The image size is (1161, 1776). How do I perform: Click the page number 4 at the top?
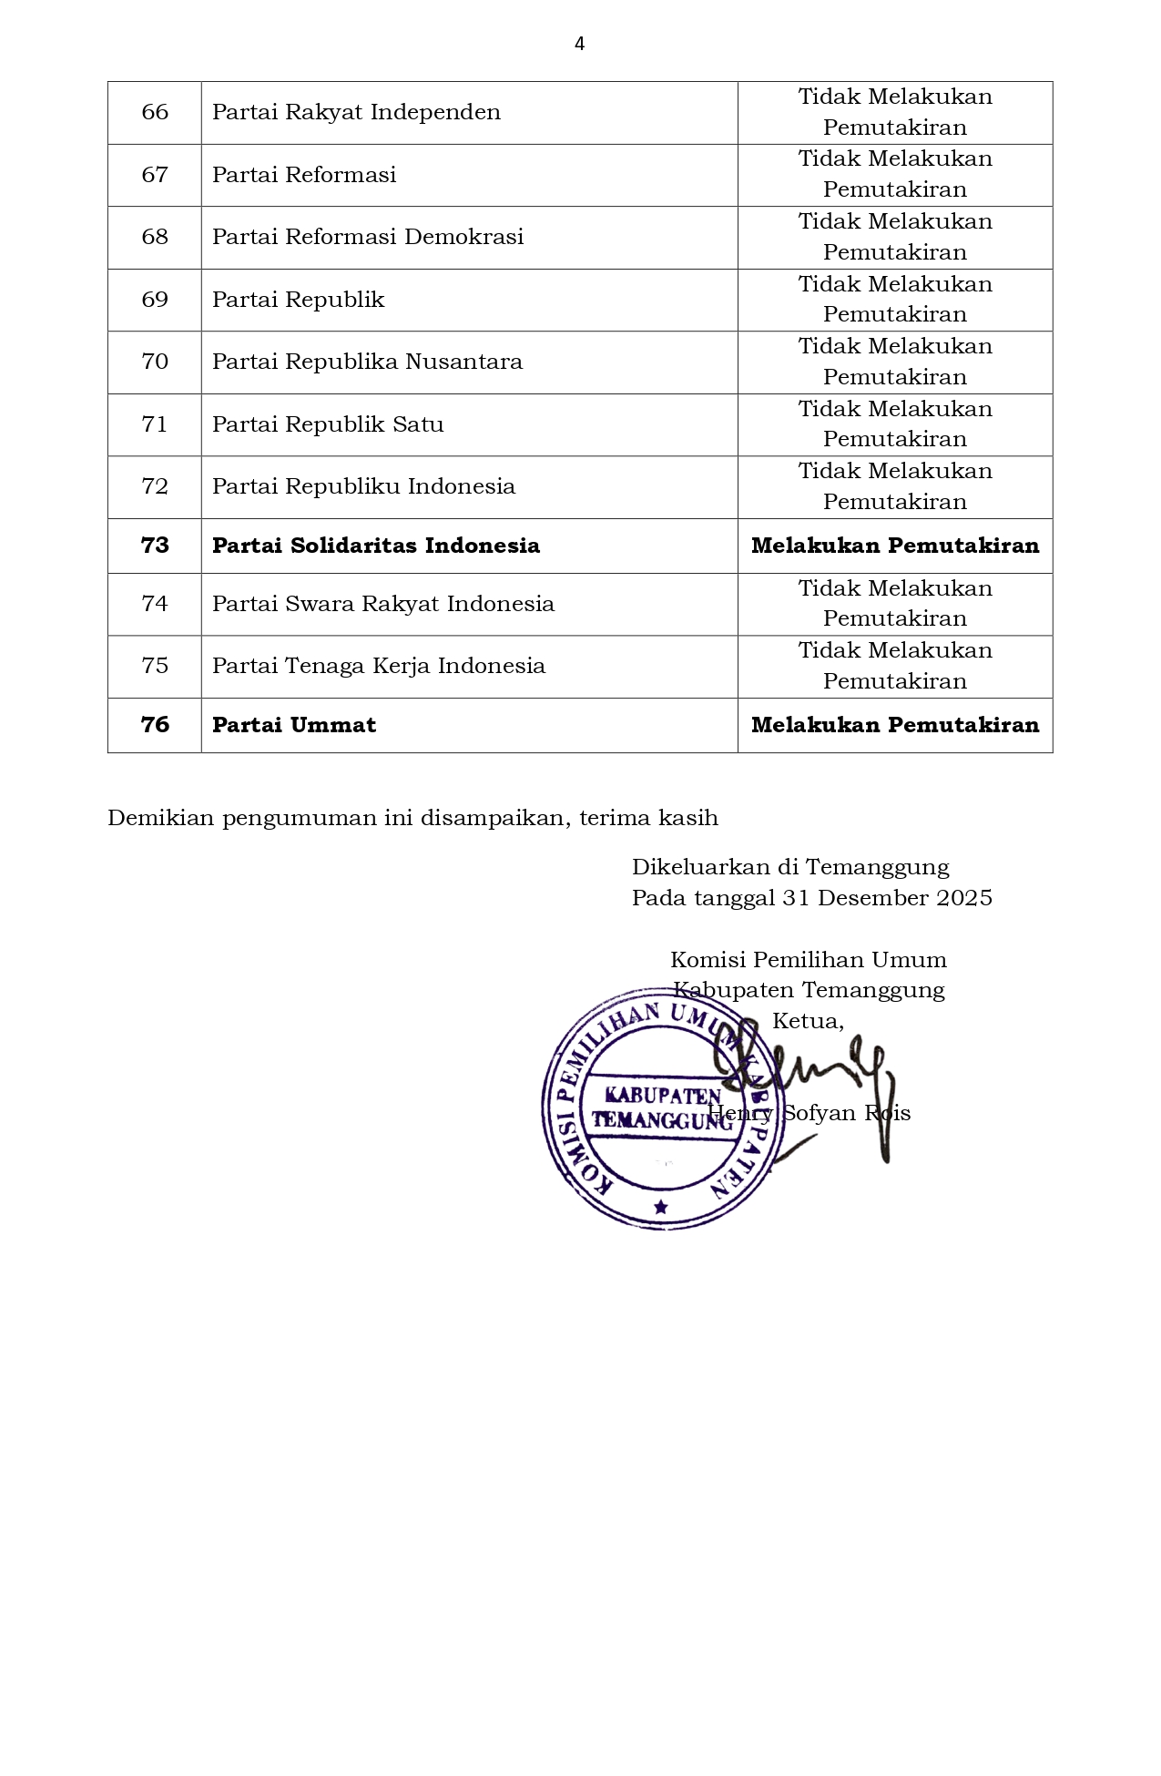pyautogui.click(x=579, y=44)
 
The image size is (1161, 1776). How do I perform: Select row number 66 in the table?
pyautogui.click(x=155, y=112)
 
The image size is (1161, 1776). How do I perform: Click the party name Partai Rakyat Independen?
pyautogui.click(x=356, y=112)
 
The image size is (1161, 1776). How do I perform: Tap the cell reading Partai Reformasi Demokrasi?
pyautogui.click(x=368, y=237)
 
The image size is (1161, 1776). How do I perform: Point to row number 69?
pyautogui.click(x=155, y=300)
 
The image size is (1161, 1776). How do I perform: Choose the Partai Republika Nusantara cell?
pyautogui.click(x=367, y=362)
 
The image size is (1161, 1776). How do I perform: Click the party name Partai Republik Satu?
pyautogui.click(x=328, y=424)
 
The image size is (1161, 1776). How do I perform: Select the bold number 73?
pyautogui.click(x=155, y=546)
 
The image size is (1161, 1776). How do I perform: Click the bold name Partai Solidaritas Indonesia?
pyautogui.click(x=376, y=546)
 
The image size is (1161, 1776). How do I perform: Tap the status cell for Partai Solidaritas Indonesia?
pyautogui.click(x=894, y=546)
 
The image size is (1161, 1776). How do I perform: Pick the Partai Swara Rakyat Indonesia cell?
pyautogui.click(x=383, y=604)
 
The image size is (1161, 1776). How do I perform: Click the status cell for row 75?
pyautogui.click(x=894, y=666)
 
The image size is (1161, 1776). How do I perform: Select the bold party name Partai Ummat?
pyautogui.click(x=294, y=725)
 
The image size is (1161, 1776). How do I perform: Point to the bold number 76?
pyautogui.click(x=155, y=725)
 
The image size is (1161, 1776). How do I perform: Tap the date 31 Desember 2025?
pyautogui.click(x=887, y=898)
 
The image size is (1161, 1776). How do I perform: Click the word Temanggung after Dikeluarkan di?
pyautogui.click(x=877, y=867)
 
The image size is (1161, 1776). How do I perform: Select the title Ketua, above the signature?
pyautogui.click(x=808, y=1021)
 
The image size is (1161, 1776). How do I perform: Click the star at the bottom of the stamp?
pyautogui.click(x=661, y=1208)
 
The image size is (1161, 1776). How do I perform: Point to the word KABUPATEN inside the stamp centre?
pyautogui.click(x=663, y=1095)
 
